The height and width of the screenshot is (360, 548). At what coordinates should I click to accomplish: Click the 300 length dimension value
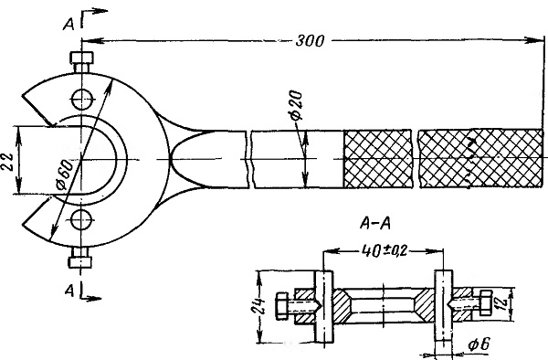click(x=310, y=41)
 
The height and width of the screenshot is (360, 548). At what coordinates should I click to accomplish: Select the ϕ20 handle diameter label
click(x=296, y=106)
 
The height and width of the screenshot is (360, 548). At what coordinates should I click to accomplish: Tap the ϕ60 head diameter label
click(x=65, y=174)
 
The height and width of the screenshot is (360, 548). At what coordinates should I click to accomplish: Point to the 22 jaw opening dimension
click(x=9, y=162)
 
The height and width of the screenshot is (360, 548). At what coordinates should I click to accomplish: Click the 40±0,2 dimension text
click(x=385, y=250)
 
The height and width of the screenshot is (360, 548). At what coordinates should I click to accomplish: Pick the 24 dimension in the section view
click(x=260, y=306)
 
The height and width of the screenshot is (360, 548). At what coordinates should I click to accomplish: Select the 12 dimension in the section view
click(x=502, y=303)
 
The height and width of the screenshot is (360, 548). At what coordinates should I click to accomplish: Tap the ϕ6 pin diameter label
click(x=479, y=344)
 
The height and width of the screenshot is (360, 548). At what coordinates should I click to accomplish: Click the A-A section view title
click(x=375, y=223)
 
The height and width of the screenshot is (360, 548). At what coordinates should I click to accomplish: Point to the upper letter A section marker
click(x=68, y=25)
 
